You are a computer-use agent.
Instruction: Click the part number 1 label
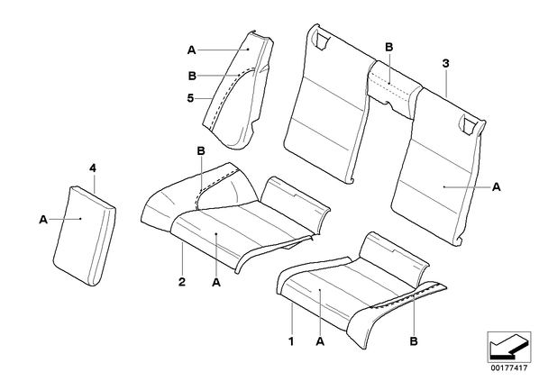[291, 342]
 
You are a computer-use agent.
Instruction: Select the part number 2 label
[182, 282]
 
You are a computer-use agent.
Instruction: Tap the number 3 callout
[445, 63]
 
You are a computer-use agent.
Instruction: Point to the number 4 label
[93, 168]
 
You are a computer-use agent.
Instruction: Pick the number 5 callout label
[190, 98]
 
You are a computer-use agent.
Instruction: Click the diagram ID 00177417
[508, 368]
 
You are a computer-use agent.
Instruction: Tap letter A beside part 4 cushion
[43, 220]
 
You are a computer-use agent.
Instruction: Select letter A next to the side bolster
[191, 50]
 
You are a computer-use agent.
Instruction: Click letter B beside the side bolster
[193, 76]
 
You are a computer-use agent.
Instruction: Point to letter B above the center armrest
[388, 47]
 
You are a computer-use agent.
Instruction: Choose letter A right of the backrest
[497, 187]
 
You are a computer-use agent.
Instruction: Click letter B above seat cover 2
[201, 150]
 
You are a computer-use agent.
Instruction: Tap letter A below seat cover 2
[216, 283]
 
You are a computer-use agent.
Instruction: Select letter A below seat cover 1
[320, 341]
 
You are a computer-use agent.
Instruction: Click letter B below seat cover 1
[414, 341]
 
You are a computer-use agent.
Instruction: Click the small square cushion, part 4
[85, 236]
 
